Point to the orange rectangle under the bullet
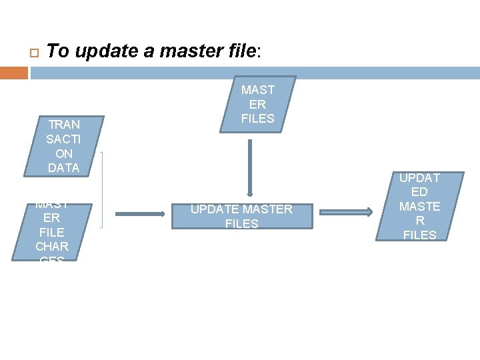14,73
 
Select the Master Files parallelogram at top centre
258,104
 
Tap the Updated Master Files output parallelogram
419,207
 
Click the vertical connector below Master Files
250,167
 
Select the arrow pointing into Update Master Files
140,213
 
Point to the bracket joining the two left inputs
102,190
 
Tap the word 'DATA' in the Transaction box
64,167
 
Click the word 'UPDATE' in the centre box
208,209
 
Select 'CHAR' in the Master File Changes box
52,247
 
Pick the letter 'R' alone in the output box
420,221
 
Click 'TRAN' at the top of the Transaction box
64,125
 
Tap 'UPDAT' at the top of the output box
420,178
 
